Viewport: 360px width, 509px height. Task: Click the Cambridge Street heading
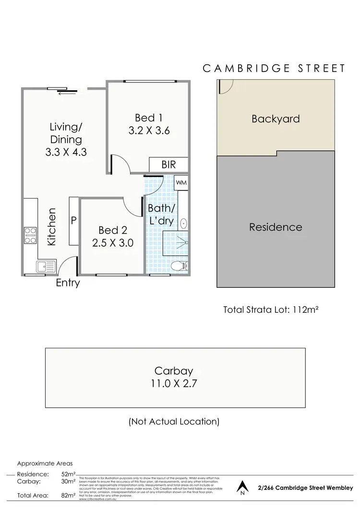[x=274, y=68]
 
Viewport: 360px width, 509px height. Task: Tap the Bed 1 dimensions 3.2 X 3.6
[x=150, y=130]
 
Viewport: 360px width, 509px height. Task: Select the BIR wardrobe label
[x=168, y=165]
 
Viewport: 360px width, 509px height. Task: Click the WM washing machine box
[x=181, y=182]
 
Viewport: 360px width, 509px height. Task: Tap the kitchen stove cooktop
[x=31, y=236]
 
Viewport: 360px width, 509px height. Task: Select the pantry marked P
[x=74, y=221]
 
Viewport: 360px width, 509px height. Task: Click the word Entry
[x=68, y=283]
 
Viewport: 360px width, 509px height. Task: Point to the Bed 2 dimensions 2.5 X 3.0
[x=113, y=243]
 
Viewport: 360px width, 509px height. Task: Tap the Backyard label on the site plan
[x=276, y=118]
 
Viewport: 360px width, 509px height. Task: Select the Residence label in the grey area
[x=276, y=227]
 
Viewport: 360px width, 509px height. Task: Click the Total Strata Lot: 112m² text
[x=271, y=309]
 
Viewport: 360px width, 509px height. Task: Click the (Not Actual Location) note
[x=174, y=422]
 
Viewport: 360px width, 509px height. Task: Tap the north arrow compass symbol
[x=242, y=488]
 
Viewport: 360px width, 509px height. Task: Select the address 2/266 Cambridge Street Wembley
[x=305, y=487]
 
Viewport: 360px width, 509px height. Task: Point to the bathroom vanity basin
[x=183, y=223]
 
